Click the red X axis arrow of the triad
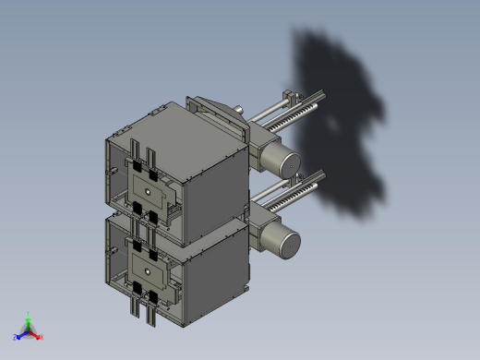[x=38, y=336]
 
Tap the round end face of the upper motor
[x=288, y=163]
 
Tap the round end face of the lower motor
[x=288, y=244]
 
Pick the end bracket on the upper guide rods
[x=293, y=95]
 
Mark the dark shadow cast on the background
[x=342, y=111]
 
